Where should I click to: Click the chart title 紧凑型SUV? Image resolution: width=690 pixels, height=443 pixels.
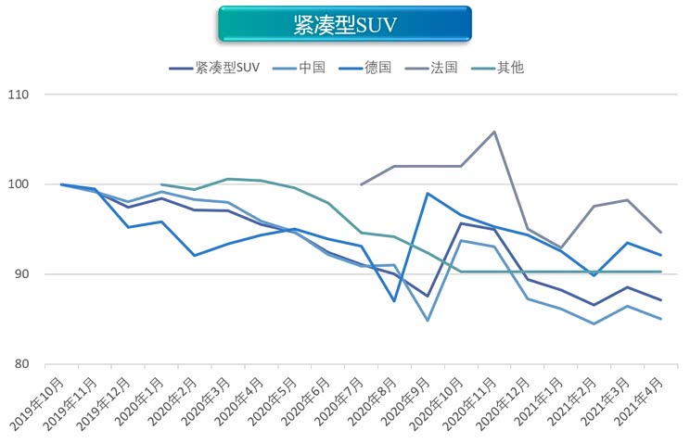[344, 24]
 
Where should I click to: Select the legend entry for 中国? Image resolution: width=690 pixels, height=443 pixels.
[314, 68]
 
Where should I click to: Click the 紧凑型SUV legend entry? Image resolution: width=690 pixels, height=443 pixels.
[227, 68]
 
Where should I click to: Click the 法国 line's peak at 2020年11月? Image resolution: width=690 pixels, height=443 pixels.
[493, 132]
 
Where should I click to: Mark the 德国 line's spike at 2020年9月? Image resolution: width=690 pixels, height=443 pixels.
[428, 193]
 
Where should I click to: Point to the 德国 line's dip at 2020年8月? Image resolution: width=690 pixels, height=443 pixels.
[394, 301]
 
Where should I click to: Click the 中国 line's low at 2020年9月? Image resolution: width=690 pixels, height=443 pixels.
[428, 321]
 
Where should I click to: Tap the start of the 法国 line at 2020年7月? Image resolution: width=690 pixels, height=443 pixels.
[361, 184]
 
